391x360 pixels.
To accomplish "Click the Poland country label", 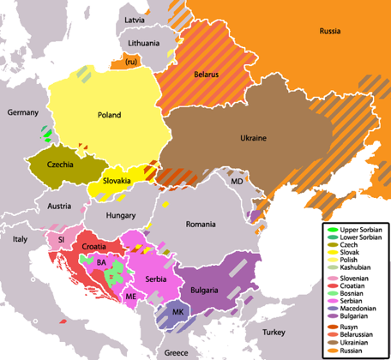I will click(x=109, y=115).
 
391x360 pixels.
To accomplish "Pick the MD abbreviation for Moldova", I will click(x=237, y=183).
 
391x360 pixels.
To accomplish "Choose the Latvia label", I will click(x=135, y=19).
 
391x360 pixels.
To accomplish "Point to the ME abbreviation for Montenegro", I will click(x=130, y=296).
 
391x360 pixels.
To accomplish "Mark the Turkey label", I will click(x=274, y=332).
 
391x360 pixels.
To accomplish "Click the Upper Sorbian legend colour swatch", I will click(x=331, y=231).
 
